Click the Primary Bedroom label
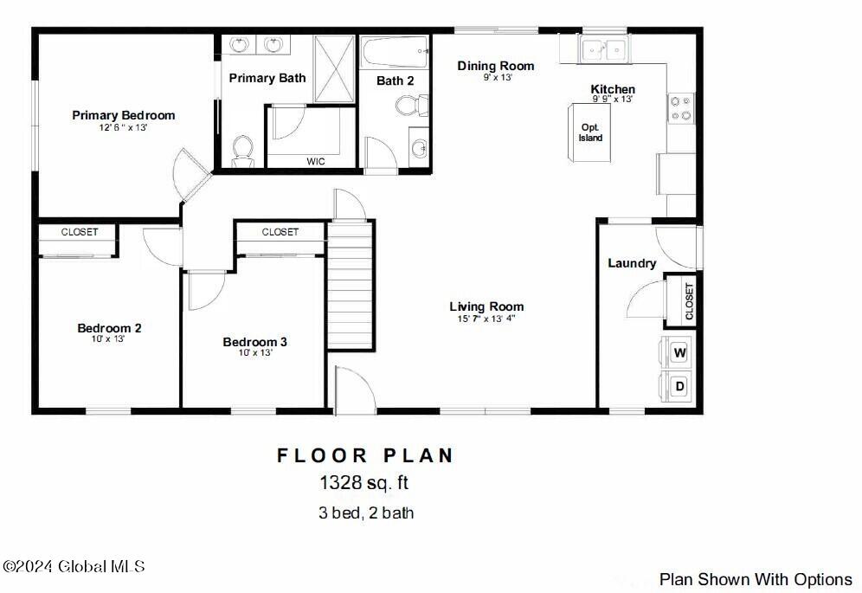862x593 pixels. tap(124, 115)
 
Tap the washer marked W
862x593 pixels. tap(679, 352)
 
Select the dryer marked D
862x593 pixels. tap(679, 386)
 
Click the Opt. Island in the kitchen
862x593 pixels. tap(589, 132)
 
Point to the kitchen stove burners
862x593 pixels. tap(680, 108)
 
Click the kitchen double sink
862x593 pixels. tap(603, 49)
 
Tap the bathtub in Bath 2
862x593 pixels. tap(395, 52)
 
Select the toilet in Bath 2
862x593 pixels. tap(412, 105)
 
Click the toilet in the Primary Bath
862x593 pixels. tap(242, 150)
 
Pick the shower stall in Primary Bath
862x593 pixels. tap(334, 68)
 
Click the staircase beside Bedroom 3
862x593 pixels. tap(351, 285)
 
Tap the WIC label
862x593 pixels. tap(316, 162)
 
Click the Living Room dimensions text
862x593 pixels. tap(486, 319)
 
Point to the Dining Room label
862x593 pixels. tap(495, 66)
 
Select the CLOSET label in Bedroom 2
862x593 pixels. tap(80, 232)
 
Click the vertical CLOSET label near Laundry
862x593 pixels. tap(690, 301)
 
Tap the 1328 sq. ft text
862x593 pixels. tap(364, 482)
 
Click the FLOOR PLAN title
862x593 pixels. tap(365, 455)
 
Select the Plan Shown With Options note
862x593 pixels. tap(756, 579)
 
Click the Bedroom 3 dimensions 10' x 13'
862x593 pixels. tap(255, 352)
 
